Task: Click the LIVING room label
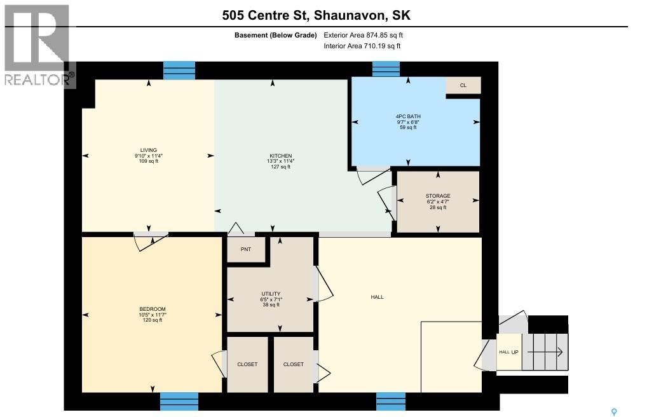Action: (148, 151)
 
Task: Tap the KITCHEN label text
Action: (280, 156)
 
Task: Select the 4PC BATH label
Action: (407, 116)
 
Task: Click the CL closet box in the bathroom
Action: (463, 85)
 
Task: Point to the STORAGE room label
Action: (438, 196)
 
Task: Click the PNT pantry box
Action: (246, 249)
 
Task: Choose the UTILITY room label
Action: (270, 294)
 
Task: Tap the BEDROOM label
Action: (152, 309)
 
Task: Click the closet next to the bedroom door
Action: (247, 364)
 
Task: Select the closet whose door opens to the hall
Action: (293, 364)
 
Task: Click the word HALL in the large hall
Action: (378, 297)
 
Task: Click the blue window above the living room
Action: (179, 70)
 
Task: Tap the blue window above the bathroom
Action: (385, 69)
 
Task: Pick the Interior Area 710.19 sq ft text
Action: (362, 46)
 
